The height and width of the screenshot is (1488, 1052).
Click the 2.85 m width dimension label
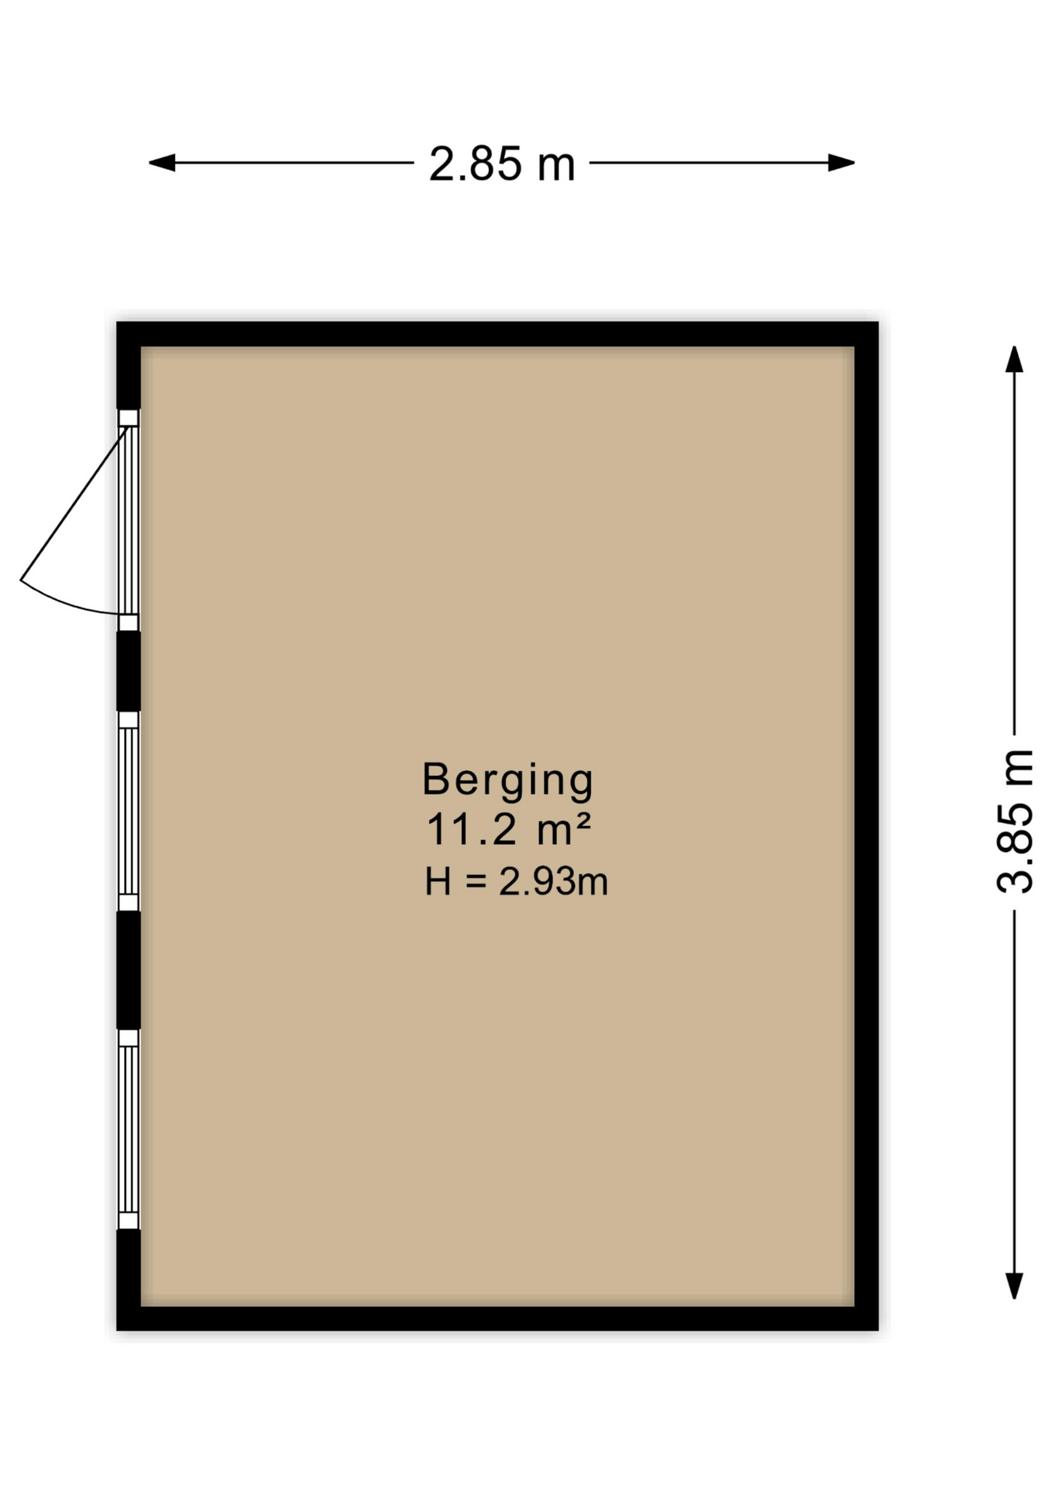coord(502,164)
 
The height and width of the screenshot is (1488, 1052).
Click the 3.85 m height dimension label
coord(1015,821)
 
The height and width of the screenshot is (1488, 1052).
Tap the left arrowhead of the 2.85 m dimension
coord(161,163)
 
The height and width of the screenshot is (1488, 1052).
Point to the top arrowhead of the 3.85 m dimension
coord(1014,359)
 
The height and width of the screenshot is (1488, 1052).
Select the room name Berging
coord(507,780)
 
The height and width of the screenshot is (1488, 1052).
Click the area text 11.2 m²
coord(508,829)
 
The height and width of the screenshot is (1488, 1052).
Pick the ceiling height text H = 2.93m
coord(516,882)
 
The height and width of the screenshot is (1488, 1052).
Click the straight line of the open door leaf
coord(74,504)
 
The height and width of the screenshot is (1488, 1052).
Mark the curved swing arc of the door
coord(66,602)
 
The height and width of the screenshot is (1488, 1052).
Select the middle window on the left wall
coord(129,811)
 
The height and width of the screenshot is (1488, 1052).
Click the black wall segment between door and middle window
coord(129,670)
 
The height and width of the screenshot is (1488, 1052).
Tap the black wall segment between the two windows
coord(129,970)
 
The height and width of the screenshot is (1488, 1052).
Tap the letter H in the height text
coord(438,882)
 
